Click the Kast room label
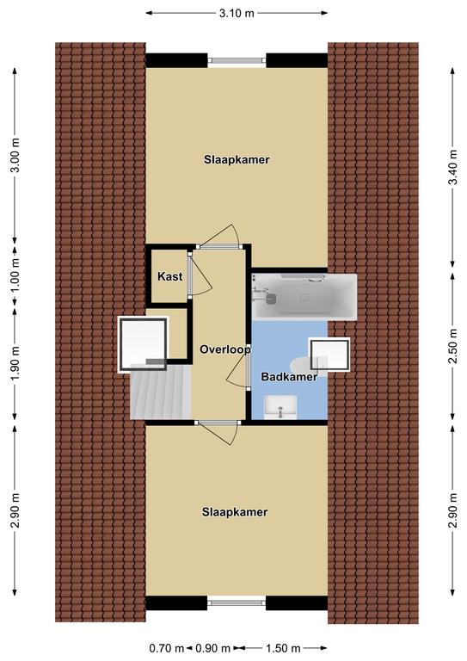click(x=170, y=276)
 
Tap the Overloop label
click(x=225, y=349)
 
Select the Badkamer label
click(x=289, y=376)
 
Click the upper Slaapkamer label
click(x=237, y=160)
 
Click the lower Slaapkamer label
click(x=235, y=512)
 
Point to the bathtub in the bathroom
click(x=304, y=297)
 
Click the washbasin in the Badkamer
click(x=280, y=407)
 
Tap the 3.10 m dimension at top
click(x=237, y=13)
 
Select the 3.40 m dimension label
click(x=453, y=167)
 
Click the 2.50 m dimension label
click(x=453, y=346)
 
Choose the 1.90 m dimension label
click(x=15, y=363)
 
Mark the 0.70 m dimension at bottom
click(x=167, y=648)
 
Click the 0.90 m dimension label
click(x=212, y=648)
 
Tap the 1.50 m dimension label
click(x=283, y=648)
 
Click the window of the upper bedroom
click(x=237, y=61)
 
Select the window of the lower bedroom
click(x=237, y=602)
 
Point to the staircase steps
click(x=161, y=392)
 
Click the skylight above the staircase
click(x=143, y=345)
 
